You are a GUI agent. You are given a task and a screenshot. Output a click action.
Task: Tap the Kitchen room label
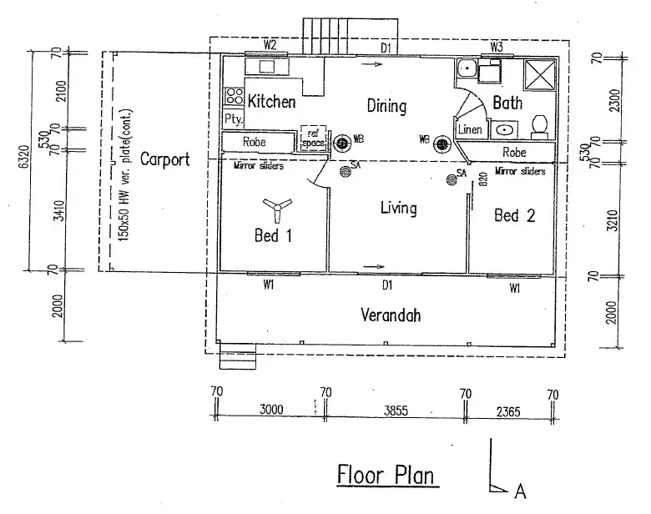coord(272,102)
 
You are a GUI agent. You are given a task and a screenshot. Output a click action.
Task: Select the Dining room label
coord(386,106)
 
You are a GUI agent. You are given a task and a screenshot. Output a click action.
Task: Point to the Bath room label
coord(507,103)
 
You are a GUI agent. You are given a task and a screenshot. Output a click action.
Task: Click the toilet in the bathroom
coord(540,126)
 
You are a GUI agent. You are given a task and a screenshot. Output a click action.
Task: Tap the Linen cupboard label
coord(470,129)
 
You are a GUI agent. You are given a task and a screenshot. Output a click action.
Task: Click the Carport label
coord(164,159)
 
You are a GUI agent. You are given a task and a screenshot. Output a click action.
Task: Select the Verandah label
coord(389,315)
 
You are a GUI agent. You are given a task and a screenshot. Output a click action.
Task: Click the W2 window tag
coord(270,43)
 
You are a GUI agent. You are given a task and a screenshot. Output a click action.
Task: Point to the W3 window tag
coord(497,46)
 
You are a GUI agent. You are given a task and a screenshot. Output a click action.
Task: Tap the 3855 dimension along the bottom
coord(396,410)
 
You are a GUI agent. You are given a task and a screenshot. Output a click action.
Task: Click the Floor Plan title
coord(386,474)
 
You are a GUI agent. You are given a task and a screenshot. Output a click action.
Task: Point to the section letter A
coord(520,491)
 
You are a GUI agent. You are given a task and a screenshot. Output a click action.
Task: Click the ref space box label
coord(313,138)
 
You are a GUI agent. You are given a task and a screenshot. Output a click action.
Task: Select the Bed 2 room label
coord(514,216)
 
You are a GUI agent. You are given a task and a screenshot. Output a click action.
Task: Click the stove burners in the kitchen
coord(234,96)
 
